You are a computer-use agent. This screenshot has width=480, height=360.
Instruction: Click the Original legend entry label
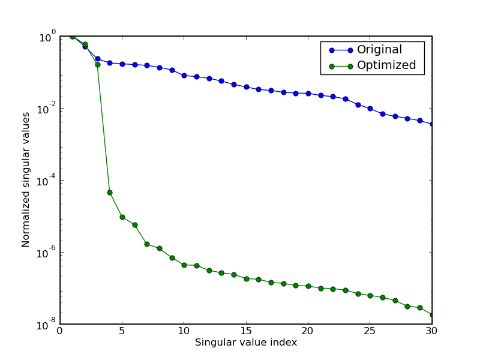(x=379, y=50)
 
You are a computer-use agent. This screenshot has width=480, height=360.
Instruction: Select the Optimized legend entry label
(x=386, y=65)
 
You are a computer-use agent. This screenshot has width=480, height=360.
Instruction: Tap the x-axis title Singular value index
(x=246, y=343)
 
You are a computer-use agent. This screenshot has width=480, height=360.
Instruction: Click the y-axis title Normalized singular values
(x=26, y=179)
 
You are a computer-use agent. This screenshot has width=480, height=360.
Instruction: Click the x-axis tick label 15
(x=246, y=331)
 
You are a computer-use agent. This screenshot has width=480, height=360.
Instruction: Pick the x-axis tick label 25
(x=370, y=331)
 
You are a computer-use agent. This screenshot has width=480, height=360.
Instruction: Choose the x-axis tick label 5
(x=122, y=331)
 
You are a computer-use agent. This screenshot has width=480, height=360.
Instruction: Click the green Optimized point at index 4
(x=110, y=193)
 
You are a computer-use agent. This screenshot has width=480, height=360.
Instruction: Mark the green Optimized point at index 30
(x=431, y=314)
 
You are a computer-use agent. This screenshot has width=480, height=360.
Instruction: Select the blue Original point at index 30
(x=431, y=124)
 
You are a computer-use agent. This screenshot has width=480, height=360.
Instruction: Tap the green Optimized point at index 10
(x=184, y=265)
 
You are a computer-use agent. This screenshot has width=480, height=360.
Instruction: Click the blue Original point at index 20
(x=308, y=94)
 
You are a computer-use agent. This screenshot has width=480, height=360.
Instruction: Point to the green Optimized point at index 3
(x=97, y=64)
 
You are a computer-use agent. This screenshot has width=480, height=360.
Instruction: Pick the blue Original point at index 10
(x=184, y=76)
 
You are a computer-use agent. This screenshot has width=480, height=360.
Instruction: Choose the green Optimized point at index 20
(x=308, y=286)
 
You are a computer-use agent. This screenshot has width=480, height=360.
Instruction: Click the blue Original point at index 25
(x=370, y=109)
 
